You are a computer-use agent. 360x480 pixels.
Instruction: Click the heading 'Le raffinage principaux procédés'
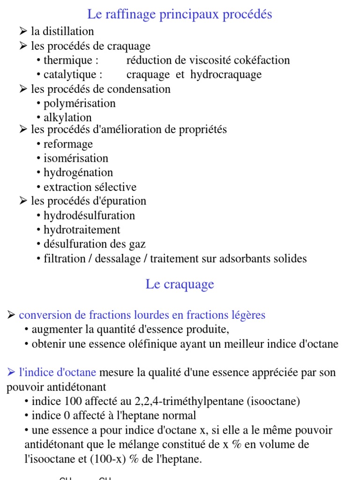pos(180,15)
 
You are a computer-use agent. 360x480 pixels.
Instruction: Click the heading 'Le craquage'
pos(180,284)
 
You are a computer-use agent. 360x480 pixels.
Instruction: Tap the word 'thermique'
pos(68,60)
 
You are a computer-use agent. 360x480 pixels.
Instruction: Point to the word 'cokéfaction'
pos(264,60)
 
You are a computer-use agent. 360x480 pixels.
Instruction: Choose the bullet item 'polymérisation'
pos(79,103)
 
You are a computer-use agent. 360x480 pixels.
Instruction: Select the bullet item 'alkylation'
pos(67,118)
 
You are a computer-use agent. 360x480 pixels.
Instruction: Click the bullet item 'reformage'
pos(68,144)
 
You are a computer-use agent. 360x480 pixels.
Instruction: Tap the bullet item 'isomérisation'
pos(75,158)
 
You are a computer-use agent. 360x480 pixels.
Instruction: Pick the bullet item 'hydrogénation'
pos(78,172)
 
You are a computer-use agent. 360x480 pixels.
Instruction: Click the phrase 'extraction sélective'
pos(90,187)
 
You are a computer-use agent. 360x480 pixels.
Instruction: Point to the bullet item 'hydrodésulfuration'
pos(89,216)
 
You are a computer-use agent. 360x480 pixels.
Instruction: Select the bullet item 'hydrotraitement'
pos(82,230)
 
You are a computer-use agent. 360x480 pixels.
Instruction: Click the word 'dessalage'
pos(120,258)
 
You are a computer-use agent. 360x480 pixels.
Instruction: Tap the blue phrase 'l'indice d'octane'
pos(57,373)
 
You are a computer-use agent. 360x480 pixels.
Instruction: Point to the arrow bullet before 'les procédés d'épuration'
pos(23,201)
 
